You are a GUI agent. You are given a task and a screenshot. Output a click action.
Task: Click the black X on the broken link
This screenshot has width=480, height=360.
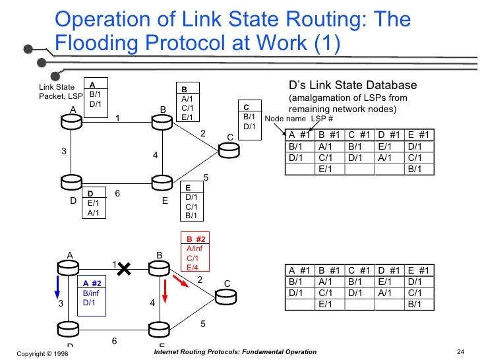click(123, 267)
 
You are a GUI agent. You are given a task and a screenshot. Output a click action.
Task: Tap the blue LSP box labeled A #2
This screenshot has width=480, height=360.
click(95, 294)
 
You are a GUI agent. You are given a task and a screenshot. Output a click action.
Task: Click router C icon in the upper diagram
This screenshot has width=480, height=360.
click(229, 150)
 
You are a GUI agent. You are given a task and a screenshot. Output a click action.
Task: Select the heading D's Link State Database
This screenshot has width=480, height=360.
click(353, 86)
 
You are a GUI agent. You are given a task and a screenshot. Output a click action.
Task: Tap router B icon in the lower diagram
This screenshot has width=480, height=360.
click(159, 268)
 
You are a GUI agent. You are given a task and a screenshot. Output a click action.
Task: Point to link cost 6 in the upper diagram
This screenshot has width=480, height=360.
click(117, 194)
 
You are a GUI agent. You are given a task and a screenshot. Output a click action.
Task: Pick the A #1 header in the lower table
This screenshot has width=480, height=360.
click(300, 270)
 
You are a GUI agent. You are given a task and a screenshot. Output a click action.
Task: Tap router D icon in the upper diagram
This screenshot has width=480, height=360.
click(71, 180)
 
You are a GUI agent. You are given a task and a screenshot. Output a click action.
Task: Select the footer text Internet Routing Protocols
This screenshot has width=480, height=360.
click(235, 352)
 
